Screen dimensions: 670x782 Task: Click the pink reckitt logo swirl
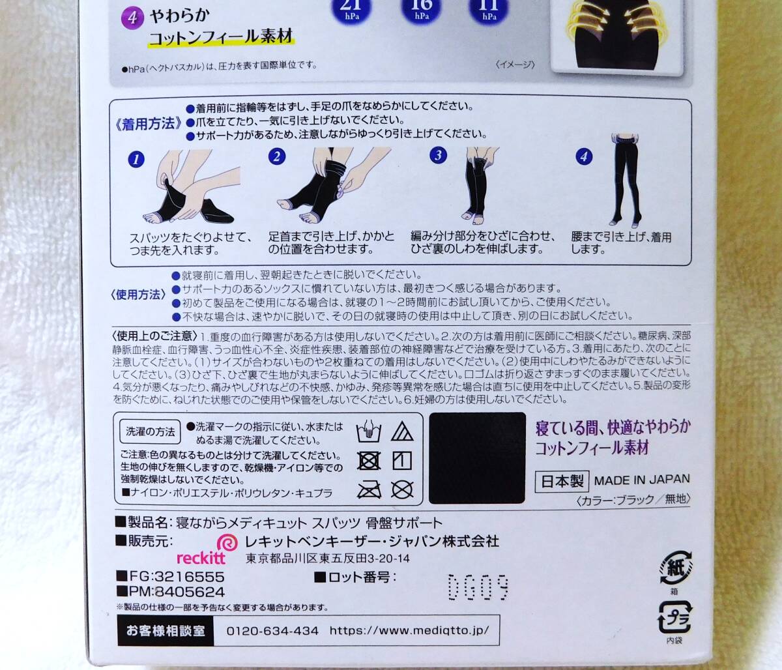tap(227, 543)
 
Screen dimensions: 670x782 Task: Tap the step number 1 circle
tap(136, 159)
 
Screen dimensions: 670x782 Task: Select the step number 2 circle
tap(277, 156)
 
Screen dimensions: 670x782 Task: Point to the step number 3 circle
tap(439, 155)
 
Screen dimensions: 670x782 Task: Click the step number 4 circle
tap(584, 156)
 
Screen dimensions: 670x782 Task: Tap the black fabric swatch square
tap(478, 458)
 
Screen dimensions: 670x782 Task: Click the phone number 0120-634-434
tap(272, 631)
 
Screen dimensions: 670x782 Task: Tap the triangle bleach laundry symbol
tap(402, 431)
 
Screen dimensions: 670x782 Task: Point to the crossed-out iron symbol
tap(369, 489)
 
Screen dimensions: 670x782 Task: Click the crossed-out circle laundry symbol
tap(402, 489)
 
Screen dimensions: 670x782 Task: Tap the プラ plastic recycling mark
tap(675, 615)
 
